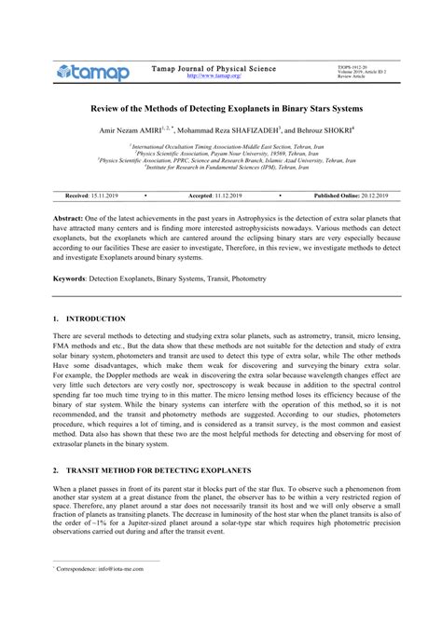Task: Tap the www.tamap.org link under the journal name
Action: [195, 76]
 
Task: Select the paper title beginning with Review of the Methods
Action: [220, 110]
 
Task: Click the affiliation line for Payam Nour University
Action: [220, 153]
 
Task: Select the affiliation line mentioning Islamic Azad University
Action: [220, 159]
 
